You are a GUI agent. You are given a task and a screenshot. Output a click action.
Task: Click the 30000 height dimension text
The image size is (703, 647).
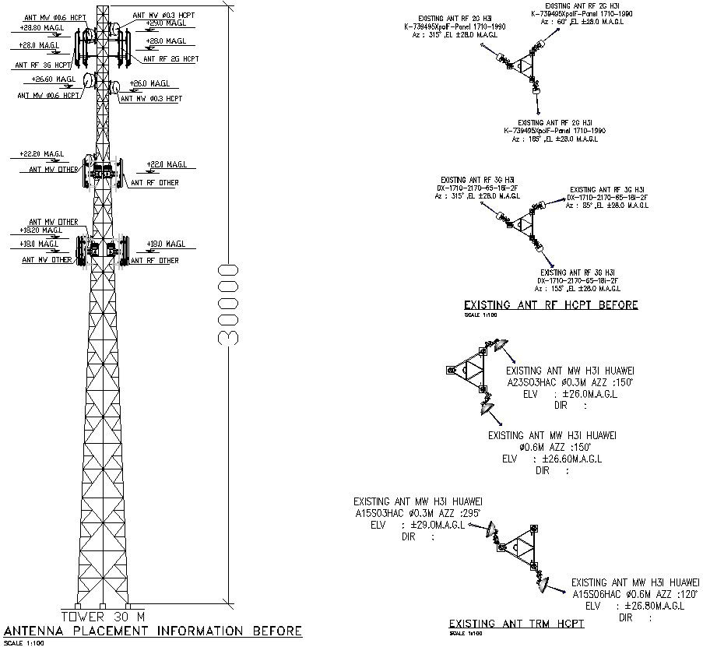click(228, 304)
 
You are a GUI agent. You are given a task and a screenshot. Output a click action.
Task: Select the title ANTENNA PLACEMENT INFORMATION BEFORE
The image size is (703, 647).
click(153, 631)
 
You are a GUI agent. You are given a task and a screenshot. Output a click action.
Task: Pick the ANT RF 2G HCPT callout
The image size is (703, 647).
click(170, 58)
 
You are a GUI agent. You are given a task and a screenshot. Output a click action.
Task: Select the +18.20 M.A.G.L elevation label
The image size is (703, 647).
click(40, 230)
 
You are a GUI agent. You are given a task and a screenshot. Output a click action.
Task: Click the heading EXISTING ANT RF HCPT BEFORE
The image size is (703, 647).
click(550, 304)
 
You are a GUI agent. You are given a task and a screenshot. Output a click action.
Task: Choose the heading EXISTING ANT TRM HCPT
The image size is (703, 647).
click(516, 624)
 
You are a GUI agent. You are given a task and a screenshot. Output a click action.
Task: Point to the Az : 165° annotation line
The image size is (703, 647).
click(554, 139)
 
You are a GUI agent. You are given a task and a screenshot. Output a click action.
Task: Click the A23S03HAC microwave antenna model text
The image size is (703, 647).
click(536, 382)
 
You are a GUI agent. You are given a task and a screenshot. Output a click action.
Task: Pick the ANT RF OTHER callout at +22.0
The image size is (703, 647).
click(154, 183)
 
